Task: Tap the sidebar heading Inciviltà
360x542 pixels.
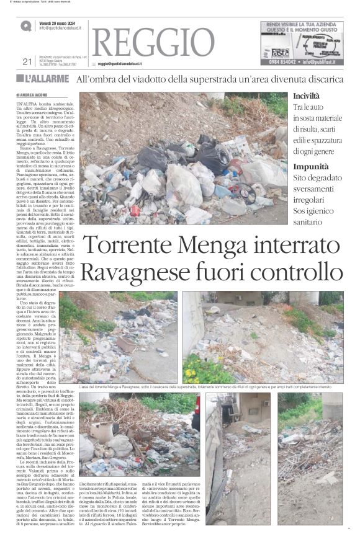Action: coord(307,97)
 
